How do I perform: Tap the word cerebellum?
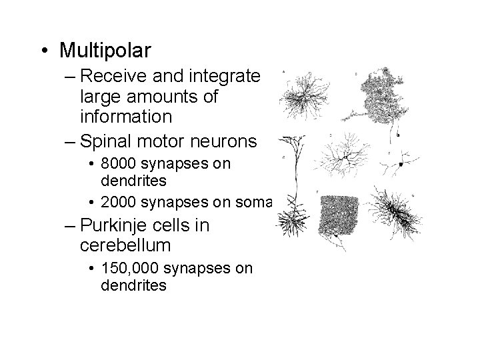tap(125, 245)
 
